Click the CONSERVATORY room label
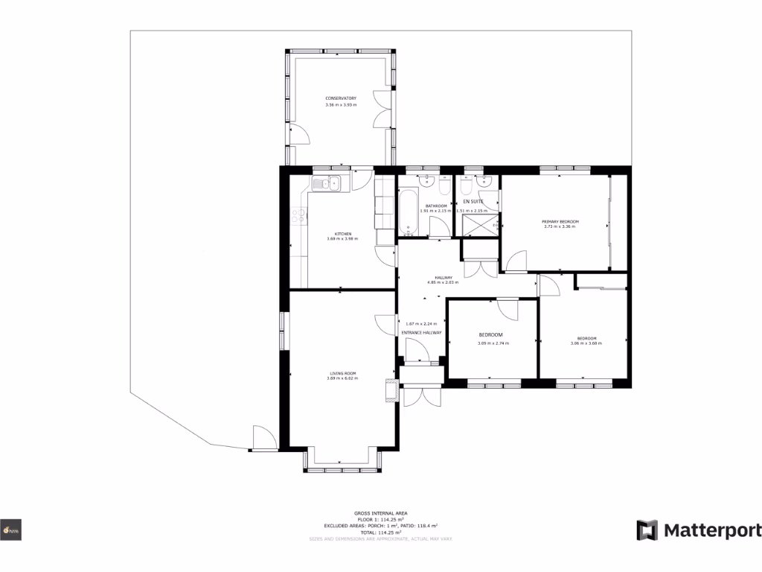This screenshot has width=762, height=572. coord(341,98)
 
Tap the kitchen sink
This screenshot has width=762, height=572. coord(327,183)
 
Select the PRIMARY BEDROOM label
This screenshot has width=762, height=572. coord(560,222)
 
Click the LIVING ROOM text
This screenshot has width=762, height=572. coord(343,373)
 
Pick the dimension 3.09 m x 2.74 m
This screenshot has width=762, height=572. coord(492,343)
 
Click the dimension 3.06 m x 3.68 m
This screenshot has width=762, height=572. coord(585,343)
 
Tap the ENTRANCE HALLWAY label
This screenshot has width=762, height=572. coord(422,332)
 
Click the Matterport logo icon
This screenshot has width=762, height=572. coord(647,530)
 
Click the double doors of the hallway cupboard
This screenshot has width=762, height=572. coord(480,267)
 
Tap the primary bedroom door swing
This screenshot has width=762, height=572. coord(516,261)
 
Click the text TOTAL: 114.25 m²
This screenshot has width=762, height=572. coord(380,533)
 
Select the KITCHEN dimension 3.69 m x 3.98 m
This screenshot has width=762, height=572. coord(342,239)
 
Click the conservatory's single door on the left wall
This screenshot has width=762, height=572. coord(298,134)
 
